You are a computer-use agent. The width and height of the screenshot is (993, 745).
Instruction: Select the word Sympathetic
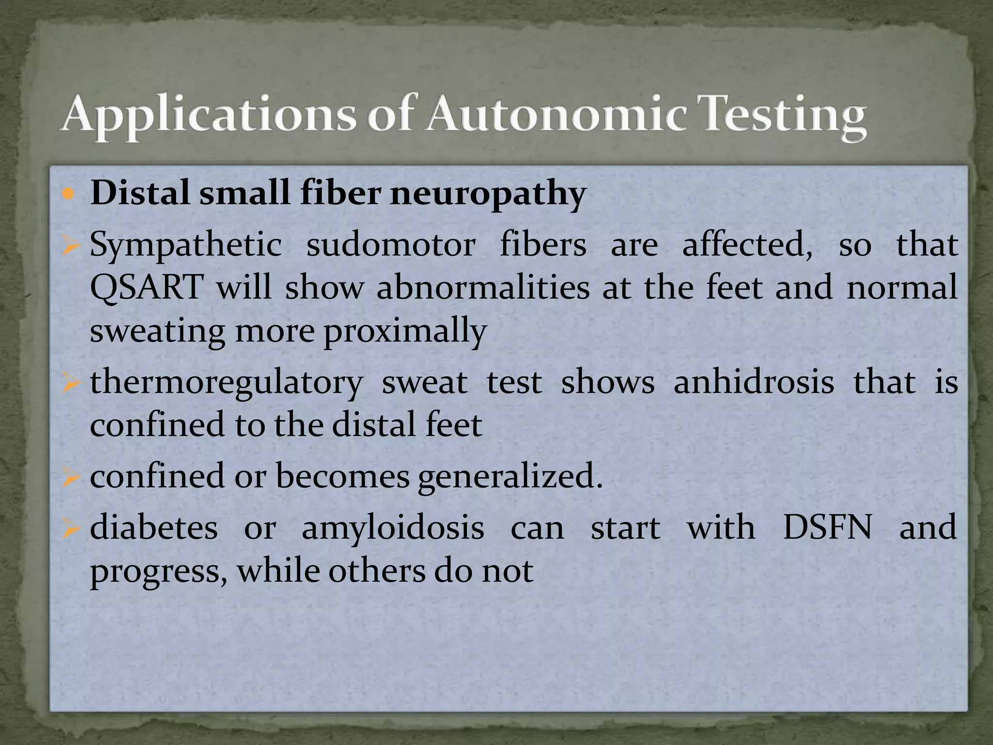click(186, 246)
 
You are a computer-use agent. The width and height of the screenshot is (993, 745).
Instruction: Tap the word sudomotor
click(390, 245)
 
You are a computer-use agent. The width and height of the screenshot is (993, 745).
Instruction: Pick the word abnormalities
click(483, 287)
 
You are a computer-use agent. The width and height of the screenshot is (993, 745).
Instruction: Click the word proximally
click(405, 332)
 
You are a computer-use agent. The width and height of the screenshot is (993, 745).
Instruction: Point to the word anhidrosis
click(753, 382)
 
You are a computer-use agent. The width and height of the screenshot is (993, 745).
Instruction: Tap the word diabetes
click(154, 528)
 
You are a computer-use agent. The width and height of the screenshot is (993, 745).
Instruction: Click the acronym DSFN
click(827, 528)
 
